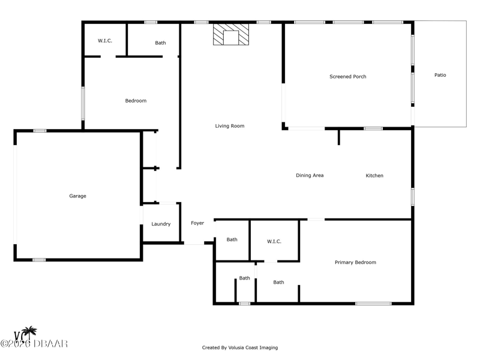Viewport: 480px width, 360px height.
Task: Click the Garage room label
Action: click(x=78, y=196)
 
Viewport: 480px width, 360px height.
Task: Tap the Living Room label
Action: click(x=230, y=126)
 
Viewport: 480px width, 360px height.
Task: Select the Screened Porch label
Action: click(x=348, y=77)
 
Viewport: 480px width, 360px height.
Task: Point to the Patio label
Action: click(x=440, y=75)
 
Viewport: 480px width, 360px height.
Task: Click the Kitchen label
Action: click(x=374, y=175)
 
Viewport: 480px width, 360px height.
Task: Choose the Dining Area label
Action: click(x=310, y=175)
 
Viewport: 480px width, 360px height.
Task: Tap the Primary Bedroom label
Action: click(x=355, y=262)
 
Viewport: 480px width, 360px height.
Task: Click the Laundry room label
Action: click(x=161, y=224)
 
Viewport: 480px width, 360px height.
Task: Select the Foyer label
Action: click(x=197, y=223)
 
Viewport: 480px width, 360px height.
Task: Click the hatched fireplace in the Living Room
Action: click(x=231, y=35)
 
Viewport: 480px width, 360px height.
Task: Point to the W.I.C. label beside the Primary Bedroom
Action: click(x=274, y=242)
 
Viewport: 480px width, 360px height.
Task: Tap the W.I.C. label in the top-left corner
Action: click(x=105, y=41)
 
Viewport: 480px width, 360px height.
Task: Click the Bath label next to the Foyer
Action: click(x=232, y=239)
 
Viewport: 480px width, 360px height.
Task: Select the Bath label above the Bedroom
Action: click(x=160, y=43)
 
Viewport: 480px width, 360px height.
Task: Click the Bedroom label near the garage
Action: click(x=136, y=101)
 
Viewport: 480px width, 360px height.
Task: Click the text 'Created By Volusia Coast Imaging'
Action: click(x=240, y=347)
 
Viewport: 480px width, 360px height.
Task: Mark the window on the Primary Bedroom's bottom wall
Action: click(x=373, y=304)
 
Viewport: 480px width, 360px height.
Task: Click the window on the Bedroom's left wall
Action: click(x=83, y=103)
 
